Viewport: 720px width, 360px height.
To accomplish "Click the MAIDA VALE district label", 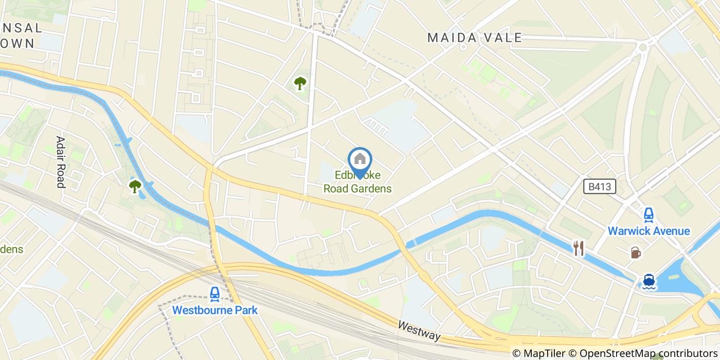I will (475, 38).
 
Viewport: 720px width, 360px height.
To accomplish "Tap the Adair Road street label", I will (61, 162).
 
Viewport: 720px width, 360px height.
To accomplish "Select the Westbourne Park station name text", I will (214, 310).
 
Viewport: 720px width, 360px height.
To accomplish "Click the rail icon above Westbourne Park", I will (214, 294).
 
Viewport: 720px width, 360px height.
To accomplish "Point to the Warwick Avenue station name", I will (649, 231).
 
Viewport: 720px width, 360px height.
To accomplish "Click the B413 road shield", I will (600, 187).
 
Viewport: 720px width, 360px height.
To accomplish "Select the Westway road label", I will (420, 330).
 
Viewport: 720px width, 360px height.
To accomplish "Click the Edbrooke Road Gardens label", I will (357, 182).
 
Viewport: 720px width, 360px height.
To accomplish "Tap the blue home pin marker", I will (360, 160).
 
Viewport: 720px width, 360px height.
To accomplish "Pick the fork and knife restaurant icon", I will (579, 249).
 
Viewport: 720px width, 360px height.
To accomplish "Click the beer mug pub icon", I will (636, 253).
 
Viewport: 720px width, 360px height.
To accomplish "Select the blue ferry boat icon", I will (649, 281).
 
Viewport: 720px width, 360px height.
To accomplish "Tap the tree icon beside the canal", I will (135, 186).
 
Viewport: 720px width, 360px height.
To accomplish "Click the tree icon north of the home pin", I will (300, 83).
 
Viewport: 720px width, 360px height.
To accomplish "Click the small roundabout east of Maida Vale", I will (642, 48).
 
